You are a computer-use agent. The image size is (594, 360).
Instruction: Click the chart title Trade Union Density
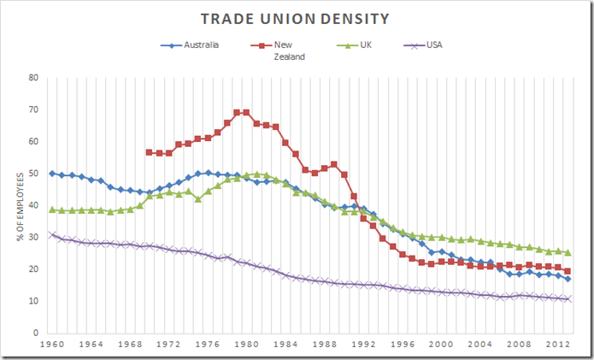coord(297,18)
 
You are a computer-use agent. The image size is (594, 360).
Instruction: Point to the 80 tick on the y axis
coord(34,77)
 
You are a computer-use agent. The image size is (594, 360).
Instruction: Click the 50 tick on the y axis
coord(34,174)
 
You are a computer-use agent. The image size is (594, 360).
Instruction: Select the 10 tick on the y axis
coord(34,301)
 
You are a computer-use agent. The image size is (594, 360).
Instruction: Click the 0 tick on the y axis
coord(37,333)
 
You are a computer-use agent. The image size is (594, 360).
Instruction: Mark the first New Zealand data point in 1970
coord(150,152)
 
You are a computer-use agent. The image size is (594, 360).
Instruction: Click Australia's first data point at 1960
coord(53,174)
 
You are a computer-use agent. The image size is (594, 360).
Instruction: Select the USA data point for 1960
coord(53,234)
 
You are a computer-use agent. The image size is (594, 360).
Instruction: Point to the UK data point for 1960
coord(53,210)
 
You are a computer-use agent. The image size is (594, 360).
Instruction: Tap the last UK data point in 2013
coord(568,252)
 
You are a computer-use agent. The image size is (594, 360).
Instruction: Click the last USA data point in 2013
coord(568,298)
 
